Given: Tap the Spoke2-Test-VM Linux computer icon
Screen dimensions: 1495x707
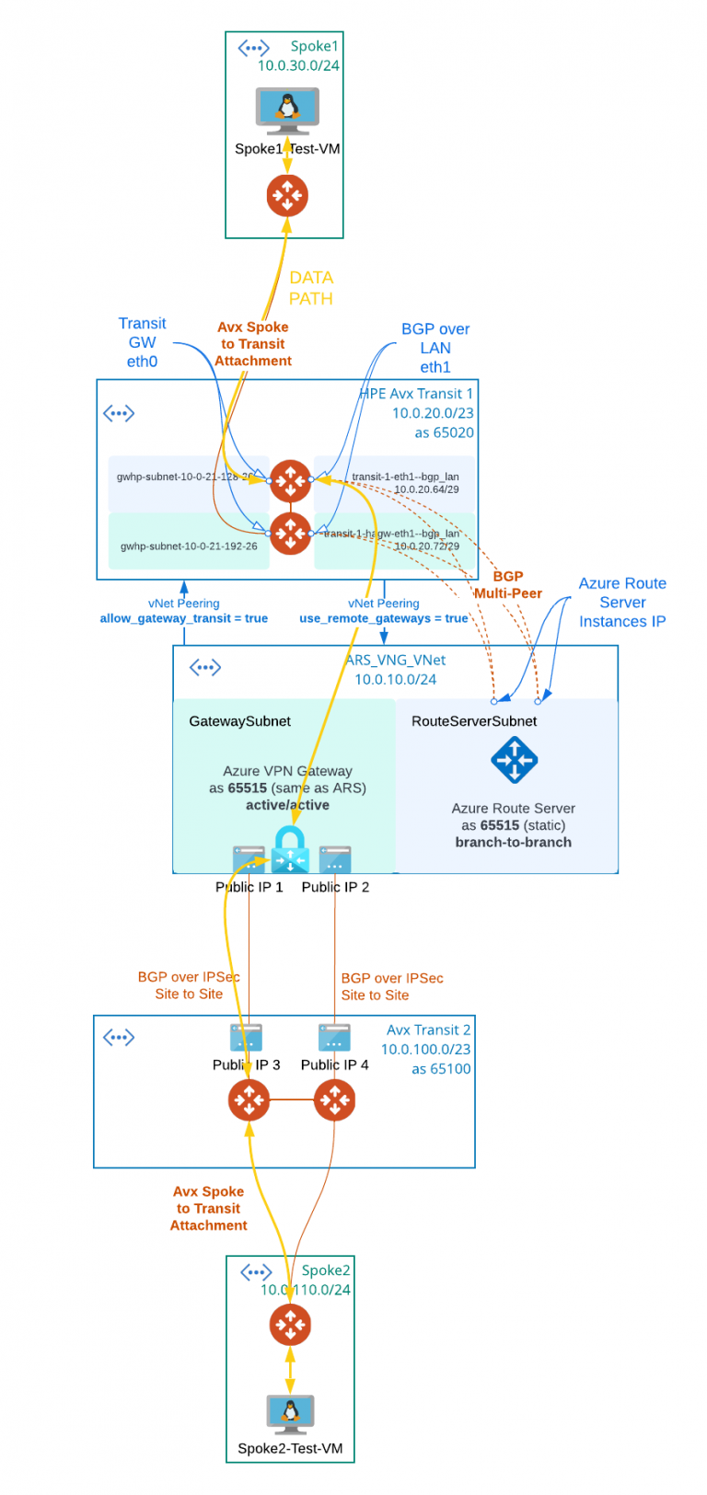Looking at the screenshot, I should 290,1414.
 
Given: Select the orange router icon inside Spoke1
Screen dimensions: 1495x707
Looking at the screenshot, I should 287,196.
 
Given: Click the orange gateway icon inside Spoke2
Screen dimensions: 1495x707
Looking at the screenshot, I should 290,1325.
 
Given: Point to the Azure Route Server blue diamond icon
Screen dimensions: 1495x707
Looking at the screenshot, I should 514,760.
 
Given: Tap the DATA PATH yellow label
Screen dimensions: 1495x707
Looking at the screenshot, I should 311,288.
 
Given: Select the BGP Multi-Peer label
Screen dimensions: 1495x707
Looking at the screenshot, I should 508,585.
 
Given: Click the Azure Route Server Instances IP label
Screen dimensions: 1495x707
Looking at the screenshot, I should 622,603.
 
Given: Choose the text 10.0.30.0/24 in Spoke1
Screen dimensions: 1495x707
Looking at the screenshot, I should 298,65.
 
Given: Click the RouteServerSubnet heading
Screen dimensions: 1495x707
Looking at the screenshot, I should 474,721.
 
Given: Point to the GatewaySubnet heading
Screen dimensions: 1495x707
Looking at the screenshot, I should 239,721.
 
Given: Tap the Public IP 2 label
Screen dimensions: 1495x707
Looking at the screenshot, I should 335,887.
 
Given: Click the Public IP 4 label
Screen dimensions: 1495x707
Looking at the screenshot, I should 334,1064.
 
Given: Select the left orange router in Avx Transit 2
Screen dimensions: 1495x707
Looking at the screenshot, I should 249,1099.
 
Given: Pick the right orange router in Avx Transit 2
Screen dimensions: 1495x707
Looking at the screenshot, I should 334,1099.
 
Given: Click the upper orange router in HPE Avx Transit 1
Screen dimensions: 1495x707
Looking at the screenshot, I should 291,480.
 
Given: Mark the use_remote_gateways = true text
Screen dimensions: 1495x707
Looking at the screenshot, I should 383,618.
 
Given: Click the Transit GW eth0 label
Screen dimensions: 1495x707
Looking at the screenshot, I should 142,342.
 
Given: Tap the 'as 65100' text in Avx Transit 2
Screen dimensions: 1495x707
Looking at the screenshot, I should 441,1069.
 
